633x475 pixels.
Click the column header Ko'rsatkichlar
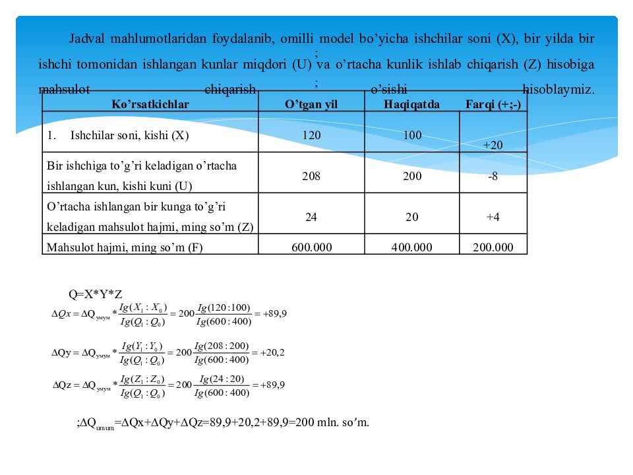[150, 104]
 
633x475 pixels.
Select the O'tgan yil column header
[311, 104]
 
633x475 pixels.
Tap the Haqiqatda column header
[411, 104]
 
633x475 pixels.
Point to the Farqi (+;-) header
[493, 104]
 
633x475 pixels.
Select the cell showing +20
[493, 145]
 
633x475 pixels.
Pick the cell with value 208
[311, 177]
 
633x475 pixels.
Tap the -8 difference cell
[493, 177]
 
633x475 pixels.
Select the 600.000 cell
[311, 247]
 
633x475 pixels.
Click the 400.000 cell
[411, 247]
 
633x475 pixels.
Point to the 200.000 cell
[493, 247]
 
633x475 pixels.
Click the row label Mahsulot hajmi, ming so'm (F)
[124, 247]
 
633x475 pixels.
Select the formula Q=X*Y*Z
[96, 294]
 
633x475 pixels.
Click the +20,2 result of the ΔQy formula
[272, 352]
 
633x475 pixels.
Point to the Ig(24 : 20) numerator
[222, 379]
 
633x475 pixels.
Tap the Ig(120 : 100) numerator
[224, 307]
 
